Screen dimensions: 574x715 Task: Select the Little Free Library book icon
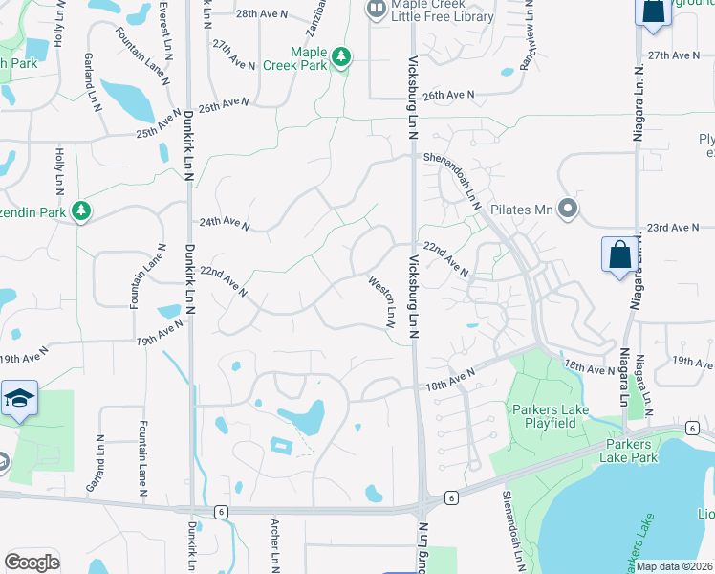[376, 11]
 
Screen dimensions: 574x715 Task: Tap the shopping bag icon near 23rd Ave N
[618, 256]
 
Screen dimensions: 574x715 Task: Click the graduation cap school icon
[18, 399]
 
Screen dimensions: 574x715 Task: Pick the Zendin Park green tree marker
[81, 210]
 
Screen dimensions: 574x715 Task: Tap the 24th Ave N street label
[224, 225]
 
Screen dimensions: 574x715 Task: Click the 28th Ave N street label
[260, 14]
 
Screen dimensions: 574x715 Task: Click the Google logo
[32, 562]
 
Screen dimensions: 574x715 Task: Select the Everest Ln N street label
[164, 25]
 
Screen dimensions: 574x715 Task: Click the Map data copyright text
[674, 566]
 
